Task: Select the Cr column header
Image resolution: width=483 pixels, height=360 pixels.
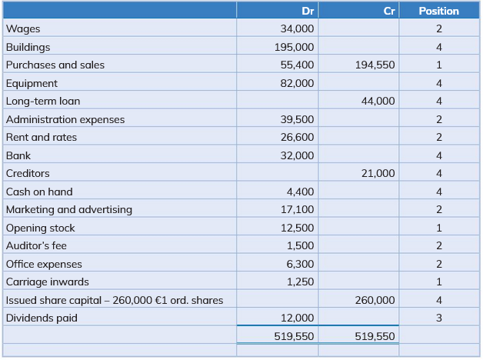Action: click(x=389, y=11)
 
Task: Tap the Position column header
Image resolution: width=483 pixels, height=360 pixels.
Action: click(x=438, y=11)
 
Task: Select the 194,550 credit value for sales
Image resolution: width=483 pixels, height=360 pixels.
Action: click(x=375, y=65)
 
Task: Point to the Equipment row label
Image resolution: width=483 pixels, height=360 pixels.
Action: click(x=32, y=83)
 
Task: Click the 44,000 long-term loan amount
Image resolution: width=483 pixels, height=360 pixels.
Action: click(x=378, y=101)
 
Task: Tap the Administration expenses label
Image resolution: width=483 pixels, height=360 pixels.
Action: click(x=65, y=119)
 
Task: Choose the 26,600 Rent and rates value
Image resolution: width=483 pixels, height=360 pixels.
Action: click(x=298, y=137)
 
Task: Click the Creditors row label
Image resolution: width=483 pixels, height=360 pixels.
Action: click(x=28, y=174)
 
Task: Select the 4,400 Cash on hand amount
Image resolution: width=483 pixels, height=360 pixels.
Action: click(x=300, y=192)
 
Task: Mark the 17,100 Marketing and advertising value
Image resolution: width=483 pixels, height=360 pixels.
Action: click(x=298, y=209)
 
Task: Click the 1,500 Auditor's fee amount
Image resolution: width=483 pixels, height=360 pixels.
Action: click(x=300, y=245)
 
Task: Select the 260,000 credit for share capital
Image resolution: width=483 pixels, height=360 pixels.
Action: click(x=375, y=300)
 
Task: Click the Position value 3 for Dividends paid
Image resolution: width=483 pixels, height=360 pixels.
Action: click(x=438, y=318)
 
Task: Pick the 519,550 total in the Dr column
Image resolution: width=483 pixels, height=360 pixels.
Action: click(x=294, y=336)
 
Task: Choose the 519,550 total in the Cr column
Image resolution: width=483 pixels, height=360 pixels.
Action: click(x=375, y=336)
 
